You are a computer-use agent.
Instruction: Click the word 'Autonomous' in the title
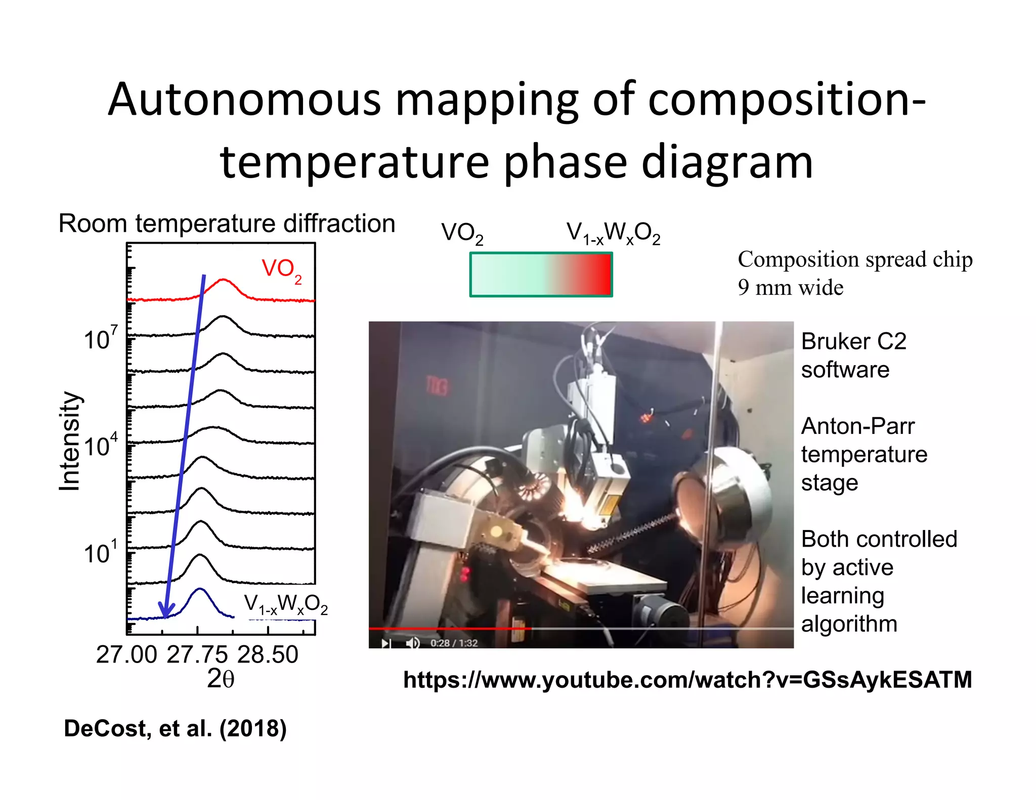[244, 100]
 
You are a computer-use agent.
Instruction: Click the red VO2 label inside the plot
[281, 270]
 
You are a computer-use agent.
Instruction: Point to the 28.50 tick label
[268, 655]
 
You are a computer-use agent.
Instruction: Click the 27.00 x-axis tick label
[126, 655]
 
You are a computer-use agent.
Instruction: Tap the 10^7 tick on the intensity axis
[100, 339]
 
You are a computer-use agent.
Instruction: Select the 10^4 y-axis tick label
[100, 446]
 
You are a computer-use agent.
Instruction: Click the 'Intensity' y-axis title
[69, 441]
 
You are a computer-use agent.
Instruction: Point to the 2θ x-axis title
[221, 679]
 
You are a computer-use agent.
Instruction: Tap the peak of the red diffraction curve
[223, 280]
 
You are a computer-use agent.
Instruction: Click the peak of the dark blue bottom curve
[200, 589]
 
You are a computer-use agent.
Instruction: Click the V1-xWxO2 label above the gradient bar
[613, 234]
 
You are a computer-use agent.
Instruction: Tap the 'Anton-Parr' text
[857, 426]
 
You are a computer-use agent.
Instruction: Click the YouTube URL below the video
[687, 680]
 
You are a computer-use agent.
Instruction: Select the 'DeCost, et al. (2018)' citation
[175, 729]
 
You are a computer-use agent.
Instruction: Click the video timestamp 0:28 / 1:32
[454, 643]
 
